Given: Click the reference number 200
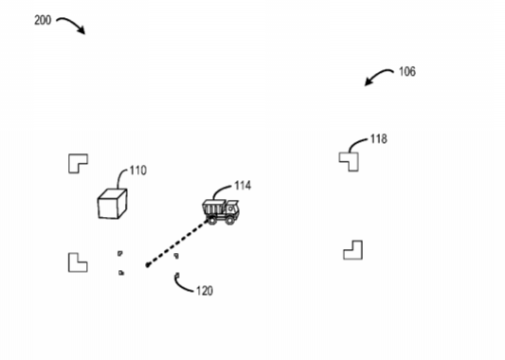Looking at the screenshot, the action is click(x=43, y=20).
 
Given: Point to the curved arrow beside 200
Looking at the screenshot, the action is click(x=72, y=23).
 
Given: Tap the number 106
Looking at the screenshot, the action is click(x=407, y=71).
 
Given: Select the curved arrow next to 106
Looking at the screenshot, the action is click(x=377, y=76).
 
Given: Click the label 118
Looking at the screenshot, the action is click(x=379, y=138).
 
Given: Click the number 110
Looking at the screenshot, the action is click(x=138, y=171).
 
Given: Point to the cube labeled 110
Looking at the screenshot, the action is click(x=113, y=204).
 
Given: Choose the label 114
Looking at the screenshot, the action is click(x=243, y=186).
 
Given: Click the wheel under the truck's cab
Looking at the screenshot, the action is click(x=230, y=220).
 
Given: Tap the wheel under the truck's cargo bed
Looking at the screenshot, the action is click(x=212, y=220).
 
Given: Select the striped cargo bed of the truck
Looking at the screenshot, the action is click(x=213, y=207).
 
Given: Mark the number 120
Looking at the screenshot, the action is click(x=205, y=291).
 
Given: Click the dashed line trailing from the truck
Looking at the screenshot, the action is click(x=178, y=243).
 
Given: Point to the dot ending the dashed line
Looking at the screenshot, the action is click(x=148, y=265).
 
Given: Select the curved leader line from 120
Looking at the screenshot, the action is click(x=181, y=286).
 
